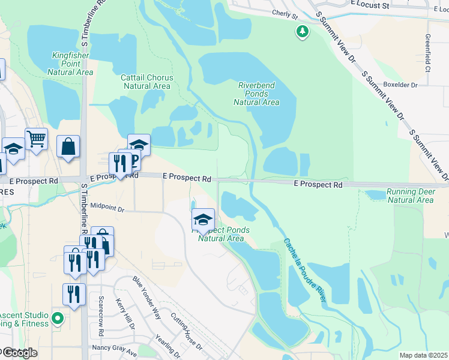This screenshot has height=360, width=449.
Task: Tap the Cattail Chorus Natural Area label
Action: coord(147,82)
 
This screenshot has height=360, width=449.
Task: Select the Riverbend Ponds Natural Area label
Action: coord(256,94)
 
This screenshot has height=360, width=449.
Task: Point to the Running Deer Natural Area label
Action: coord(410,196)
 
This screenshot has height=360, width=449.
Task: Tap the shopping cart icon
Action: coord(36,139)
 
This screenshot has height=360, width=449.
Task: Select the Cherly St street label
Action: coord(285,13)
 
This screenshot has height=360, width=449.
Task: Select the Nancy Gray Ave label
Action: coord(114,348)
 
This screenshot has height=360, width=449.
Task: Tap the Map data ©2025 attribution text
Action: coord(424,355)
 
